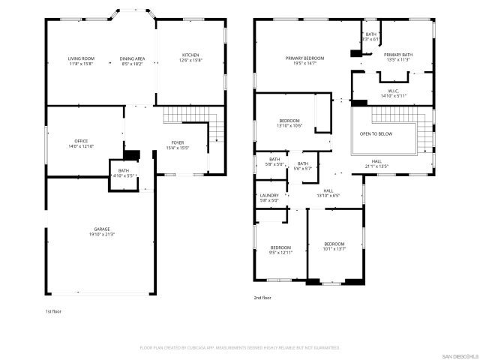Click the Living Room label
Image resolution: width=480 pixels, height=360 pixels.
click(x=80, y=58)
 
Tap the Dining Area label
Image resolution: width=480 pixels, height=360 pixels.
click(x=133, y=58)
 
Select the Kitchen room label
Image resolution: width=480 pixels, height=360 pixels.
click(x=190, y=55)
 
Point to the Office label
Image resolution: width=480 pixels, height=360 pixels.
click(x=81, y=141)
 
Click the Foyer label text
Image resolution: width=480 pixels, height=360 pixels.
click(x=177, y=142)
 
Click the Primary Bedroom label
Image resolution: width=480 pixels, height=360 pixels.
click(x=304, y=58)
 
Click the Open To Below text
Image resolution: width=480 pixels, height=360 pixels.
click(x=376, y=133)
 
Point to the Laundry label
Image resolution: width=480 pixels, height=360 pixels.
click(x=269, y=196)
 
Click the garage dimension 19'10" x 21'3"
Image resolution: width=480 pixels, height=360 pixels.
click(x=101, y=235)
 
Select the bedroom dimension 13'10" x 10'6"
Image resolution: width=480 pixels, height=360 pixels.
click(x=289, y=126)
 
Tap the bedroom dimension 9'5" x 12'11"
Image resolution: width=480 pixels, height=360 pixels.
click(x=280, y=253)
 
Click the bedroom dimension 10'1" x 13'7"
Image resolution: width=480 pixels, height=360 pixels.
click(x=334, y=249)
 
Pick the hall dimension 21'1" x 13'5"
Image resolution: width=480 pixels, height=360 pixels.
click(x=376, y=166)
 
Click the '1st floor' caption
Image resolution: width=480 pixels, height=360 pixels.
click(x=55, y=310)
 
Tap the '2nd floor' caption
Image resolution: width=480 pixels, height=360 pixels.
click(x=262, y=298)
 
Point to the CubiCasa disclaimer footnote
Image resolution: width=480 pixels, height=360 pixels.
click(x=240, y=348)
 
